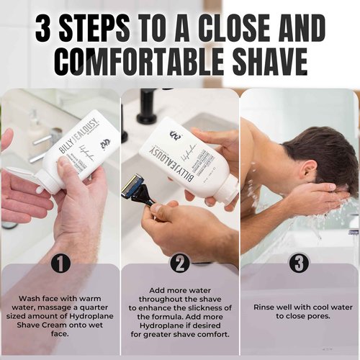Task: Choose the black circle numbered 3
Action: [299, 264]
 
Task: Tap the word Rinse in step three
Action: [266, 306]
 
